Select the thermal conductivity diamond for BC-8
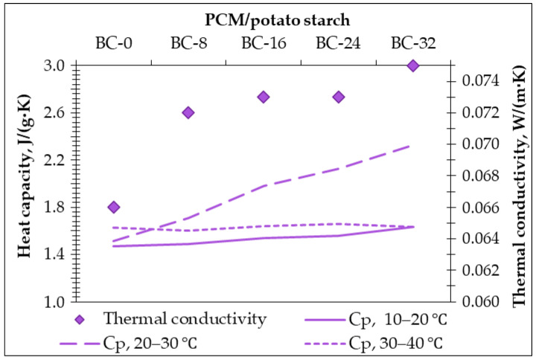click(188, 112)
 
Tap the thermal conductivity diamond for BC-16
click(263, 97)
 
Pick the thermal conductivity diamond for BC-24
click(338, 97)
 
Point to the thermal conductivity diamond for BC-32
click(413, 65)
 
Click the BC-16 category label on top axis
click(263, 42)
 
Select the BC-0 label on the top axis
click(113, 42)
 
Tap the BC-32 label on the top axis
click(413, 42)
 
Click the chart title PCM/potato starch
click(263, 16)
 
